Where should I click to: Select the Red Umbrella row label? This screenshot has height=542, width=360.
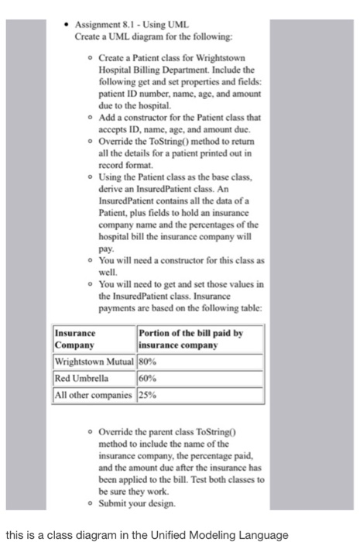coord(81,377)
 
